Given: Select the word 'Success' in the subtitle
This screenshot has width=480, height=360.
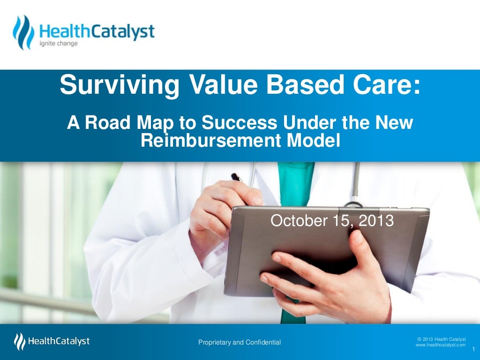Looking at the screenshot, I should point(240,123).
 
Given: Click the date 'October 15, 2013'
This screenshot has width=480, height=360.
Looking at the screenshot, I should point(332,220).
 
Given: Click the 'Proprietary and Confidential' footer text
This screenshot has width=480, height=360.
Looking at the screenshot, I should point(240,343).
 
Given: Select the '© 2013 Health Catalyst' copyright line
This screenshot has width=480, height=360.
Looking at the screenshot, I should point(441,339).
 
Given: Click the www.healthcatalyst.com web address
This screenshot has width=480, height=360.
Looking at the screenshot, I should point(441,345).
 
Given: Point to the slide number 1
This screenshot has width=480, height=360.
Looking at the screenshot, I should point(473,349).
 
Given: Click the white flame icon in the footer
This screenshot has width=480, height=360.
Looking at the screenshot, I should point(20,341).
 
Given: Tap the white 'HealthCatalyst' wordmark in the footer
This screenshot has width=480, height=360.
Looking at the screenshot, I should point(59,341).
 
